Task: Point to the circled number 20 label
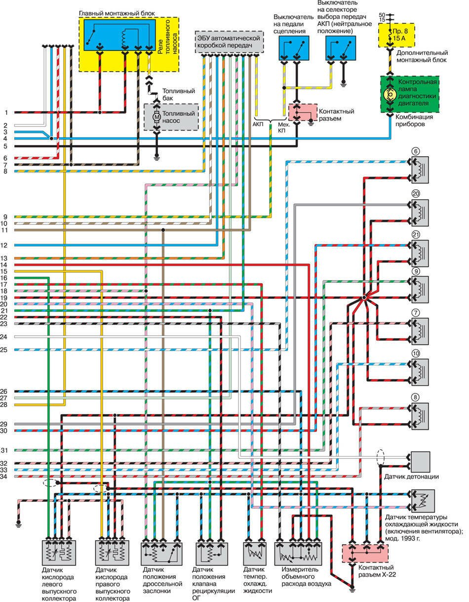tap(416, 194)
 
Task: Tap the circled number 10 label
tap(416, 354)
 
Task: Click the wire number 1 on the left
tap(6, 112)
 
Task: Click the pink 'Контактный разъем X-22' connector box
tap(366, 554)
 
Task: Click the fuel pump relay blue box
tap(120, 34)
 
